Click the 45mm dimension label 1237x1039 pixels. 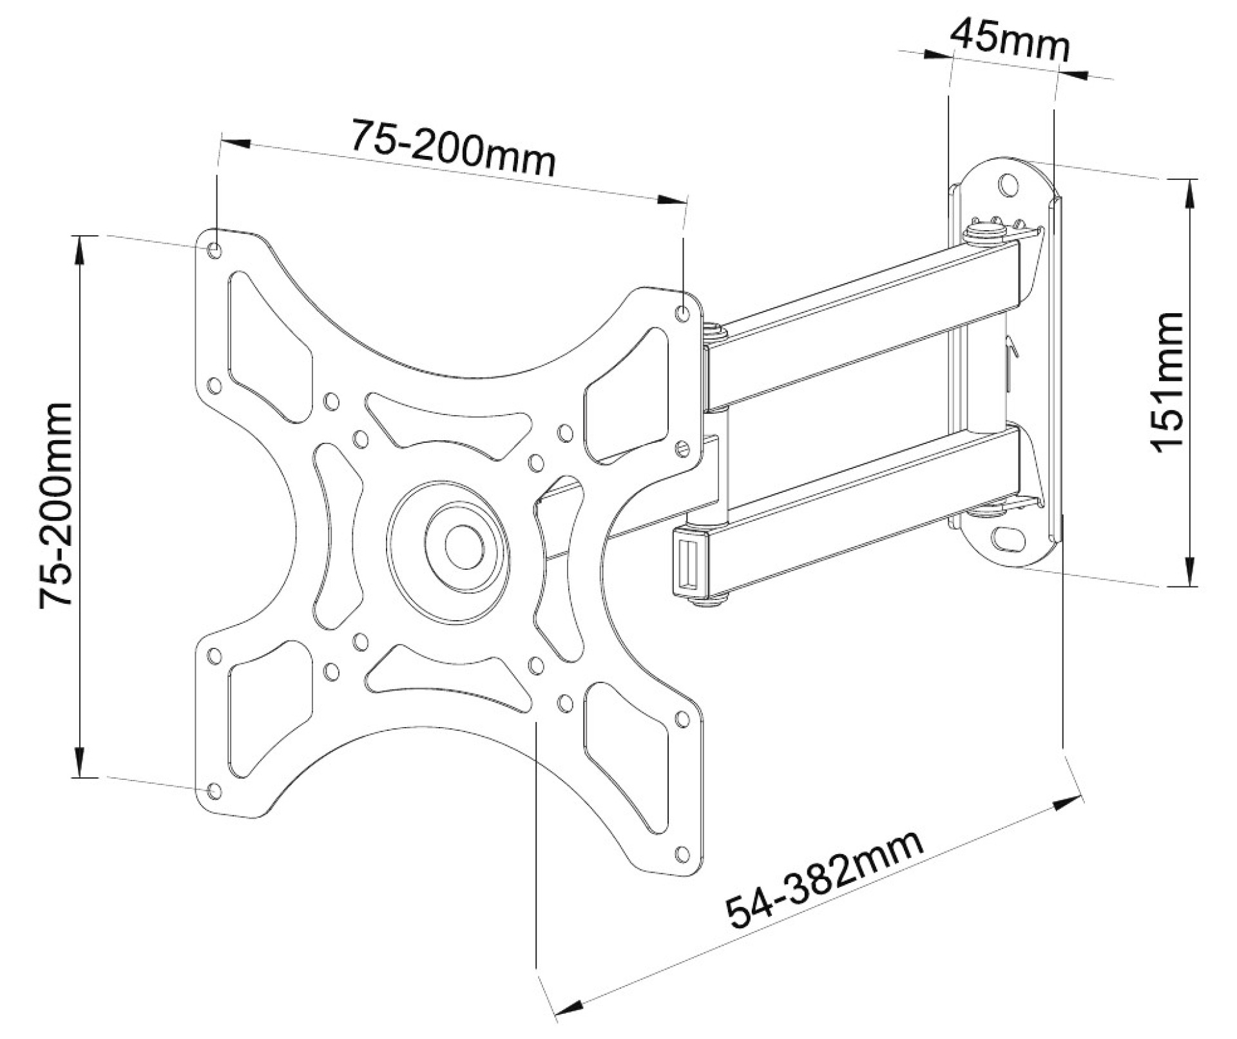click(1010, 40)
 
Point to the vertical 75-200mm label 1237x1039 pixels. click(57, 505)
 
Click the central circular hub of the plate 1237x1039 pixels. click(464, 546)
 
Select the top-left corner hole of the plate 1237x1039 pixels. click(215, 249)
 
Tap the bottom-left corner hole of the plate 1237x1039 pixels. click(215, 791)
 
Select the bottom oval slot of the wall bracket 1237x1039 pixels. click(1009, 537)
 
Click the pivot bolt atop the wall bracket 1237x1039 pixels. click(984, 229)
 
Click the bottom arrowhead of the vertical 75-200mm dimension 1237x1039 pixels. click(79, 764)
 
